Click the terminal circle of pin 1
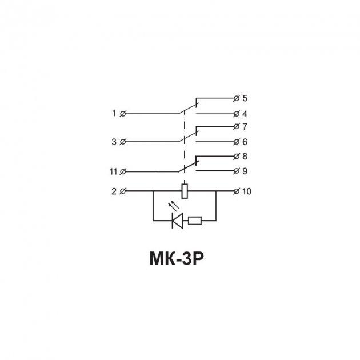click(123, 113)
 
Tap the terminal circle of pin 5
click(236, 98)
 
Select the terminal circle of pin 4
click(236, 114)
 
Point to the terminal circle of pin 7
click(236, 126)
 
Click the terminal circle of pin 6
click(236, 142)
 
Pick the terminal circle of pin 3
click(123, 142)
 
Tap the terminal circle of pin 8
click(236, 157)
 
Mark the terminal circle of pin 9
click(236, 171)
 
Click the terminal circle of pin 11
click(123, 171)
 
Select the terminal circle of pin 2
click(123, 191)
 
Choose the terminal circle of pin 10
click(236, 191)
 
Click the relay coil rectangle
click(185, 191)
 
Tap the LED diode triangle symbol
click(178, 221)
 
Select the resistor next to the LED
click(195, 221)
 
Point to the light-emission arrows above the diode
click(174, 206)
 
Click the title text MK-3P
click(177, 259)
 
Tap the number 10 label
click(247, 191)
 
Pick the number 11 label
click(113, 171)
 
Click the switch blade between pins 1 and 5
click(189, 109)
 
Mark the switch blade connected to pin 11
click(189, 166)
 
